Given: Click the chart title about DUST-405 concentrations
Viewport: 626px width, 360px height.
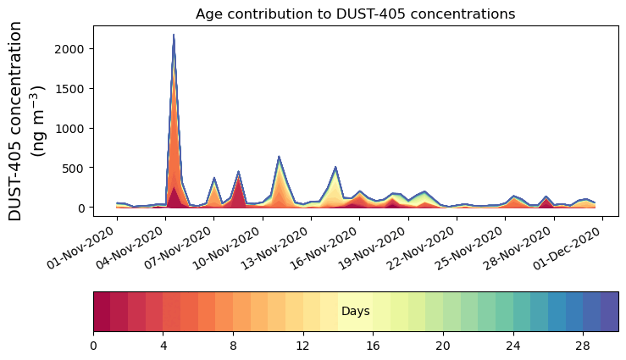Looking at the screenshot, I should [x=355, y=14].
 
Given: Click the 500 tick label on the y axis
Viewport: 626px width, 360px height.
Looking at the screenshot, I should [x=74, y=168].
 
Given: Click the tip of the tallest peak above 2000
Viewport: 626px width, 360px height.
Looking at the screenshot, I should [x=174, y=36].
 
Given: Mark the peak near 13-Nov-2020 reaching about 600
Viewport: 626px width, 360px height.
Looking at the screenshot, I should [x=279, y=157].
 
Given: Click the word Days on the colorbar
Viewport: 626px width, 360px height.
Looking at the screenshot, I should [x=355, y=312].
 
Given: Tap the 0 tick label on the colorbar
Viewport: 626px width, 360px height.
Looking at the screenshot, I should [x=93, y=346].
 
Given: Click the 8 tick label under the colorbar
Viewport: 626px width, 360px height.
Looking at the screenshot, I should [x=233, y=346].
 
